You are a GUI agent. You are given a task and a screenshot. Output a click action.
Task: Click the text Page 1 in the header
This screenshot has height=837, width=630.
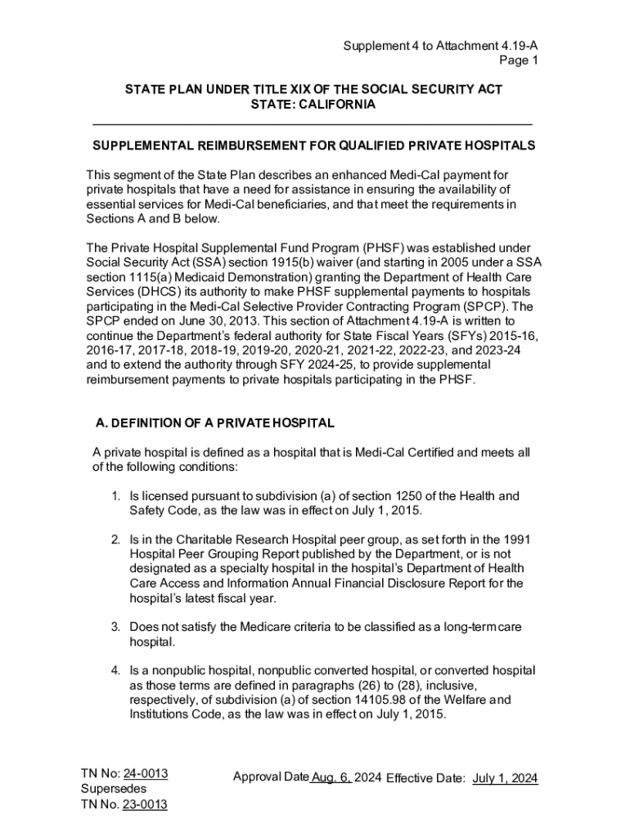tap(520, 60)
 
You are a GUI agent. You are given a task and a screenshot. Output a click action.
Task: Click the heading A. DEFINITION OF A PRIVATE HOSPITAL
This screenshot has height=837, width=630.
tap(215, 423)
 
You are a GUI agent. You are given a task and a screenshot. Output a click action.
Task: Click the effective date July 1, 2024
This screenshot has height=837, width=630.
tap(505, 778)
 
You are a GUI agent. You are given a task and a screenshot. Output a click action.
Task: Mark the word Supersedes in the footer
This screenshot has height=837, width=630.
tap(114, 789)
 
